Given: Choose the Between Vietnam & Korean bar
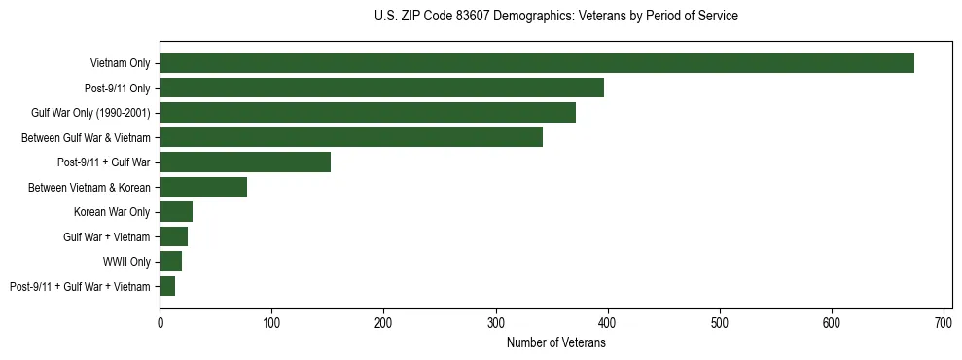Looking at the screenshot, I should coord(203,187).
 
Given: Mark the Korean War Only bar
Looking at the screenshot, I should coord(176,212).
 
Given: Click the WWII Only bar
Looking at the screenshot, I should coord(171,262).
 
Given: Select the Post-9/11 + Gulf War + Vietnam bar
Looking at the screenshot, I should coord(167,286).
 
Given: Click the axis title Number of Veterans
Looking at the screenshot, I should coord(555,342).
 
